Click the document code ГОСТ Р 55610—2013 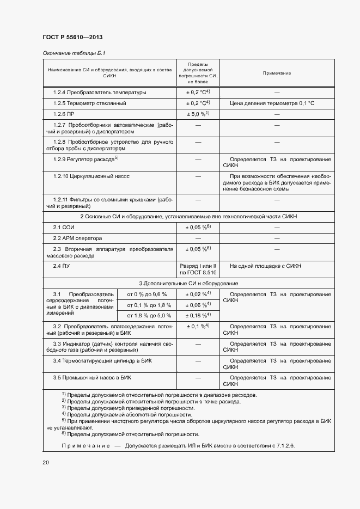(x=72, y=37)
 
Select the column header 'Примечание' (x=277, y=73)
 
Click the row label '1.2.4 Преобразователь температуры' (x=100, y=92)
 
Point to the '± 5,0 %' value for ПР (x=198, y=114)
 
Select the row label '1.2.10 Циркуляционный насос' (x=91, y=176)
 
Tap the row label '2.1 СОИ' (x=64, y=226)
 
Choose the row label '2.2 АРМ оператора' (x=78, y=238)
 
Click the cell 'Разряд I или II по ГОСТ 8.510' (x=198, y=269)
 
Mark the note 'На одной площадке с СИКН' (x=265, y=266)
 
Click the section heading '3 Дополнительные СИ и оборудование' (x=188, y=284)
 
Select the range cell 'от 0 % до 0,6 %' (x=147, y=295)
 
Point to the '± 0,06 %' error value (x=198, y=305)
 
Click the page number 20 (x=46, y=462)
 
